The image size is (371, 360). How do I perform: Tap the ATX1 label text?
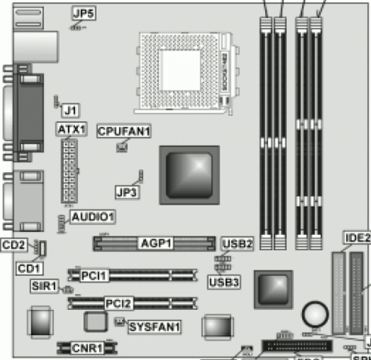pyautogui.click(x=71, y=128)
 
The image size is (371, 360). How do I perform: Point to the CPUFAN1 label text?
pyautogui.click(x=124, y=131)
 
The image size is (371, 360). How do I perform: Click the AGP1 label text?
pyautogui.click(x=155, y=243)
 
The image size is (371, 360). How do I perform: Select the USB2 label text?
pyautogui.click(x=237, y=243)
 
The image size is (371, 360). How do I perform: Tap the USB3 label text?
pyautogui.click(x=224, y=281)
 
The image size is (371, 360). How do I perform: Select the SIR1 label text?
pyautogui.click(x=43, y=287)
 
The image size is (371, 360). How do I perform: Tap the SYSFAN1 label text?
pyautogui.click(x=153, y=325)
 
